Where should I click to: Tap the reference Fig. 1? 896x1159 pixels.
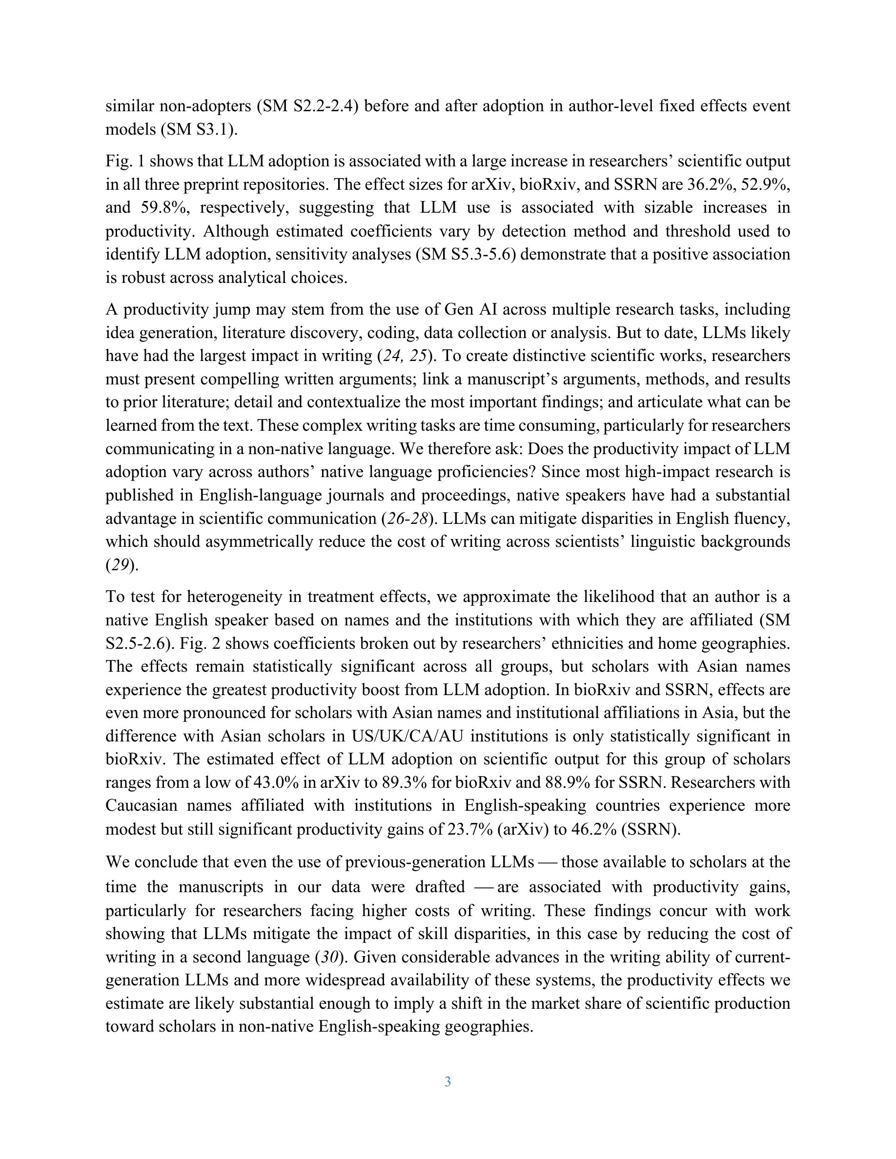123,161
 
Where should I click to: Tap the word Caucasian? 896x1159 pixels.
142,805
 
